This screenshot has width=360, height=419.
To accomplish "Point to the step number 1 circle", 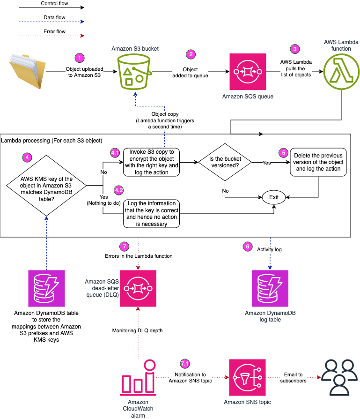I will point(81,58).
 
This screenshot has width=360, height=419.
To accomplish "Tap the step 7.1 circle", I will point(185,364).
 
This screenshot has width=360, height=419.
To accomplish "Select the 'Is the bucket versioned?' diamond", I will point(225,163).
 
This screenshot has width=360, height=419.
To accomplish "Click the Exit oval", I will point(274,197).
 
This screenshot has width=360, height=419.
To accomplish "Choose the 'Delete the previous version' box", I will point(318,162).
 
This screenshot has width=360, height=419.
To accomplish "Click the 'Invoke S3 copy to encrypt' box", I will point(151,162).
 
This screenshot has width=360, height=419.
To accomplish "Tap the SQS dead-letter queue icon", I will point(138,288).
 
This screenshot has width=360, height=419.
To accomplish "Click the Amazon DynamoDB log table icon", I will point(270,288).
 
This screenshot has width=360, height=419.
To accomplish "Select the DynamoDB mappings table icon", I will point(44,288).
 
